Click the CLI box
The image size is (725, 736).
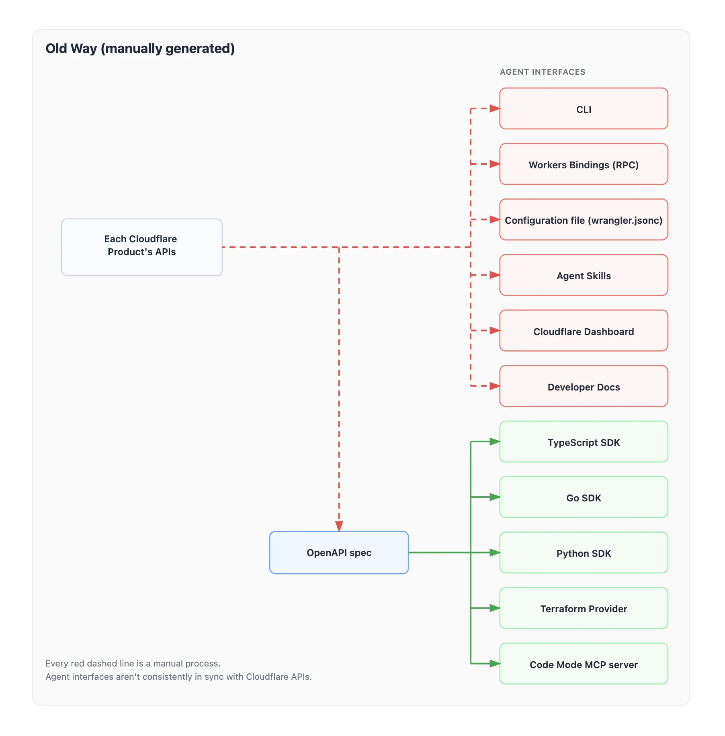(x=583, y=109)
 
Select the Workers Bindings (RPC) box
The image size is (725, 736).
(x=583, y=164)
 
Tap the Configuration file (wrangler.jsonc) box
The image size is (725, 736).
(x=583, y=220)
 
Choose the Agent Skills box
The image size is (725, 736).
(x=583, y=275)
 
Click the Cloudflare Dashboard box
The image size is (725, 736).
(x=583, y=331)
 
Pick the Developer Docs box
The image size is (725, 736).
(x=583, y=386)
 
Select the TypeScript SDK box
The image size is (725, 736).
(x=583, y=442)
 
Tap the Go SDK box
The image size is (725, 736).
(x=583, y=497)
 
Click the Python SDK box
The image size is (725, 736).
(x=583, y=553)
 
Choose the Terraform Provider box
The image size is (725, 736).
(x=583, y=608)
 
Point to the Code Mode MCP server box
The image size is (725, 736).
(x=583, y=664)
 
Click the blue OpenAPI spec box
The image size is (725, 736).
(x=339, y=553)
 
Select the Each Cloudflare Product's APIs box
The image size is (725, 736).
(x=141, y=247)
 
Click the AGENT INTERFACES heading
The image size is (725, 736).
(x=542, y=72)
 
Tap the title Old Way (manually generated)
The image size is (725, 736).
(x=140, y=49)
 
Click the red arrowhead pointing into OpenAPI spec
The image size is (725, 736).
(x=339, y=526)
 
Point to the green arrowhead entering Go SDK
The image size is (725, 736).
(x=495, y=497)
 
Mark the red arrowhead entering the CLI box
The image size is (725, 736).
(x=495, y=108)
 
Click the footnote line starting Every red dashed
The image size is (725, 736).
(x=133, y=663)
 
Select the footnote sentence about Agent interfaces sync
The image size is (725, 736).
(x=178, y=677)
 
